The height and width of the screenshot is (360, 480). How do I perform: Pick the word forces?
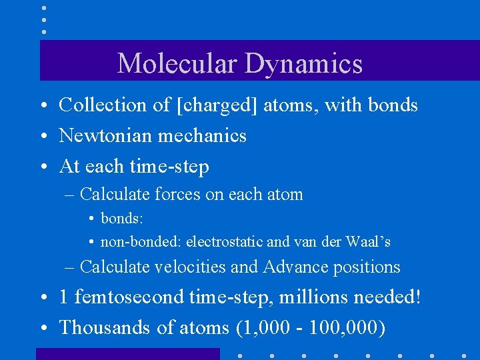pos(178,195)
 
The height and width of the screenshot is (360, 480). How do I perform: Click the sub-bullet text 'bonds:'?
pos(122,219)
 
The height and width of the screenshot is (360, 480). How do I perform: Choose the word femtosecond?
pos(131,297)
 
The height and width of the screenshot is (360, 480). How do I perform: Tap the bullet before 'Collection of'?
pos(43,106)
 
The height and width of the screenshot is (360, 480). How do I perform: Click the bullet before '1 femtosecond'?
pos(43,297)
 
